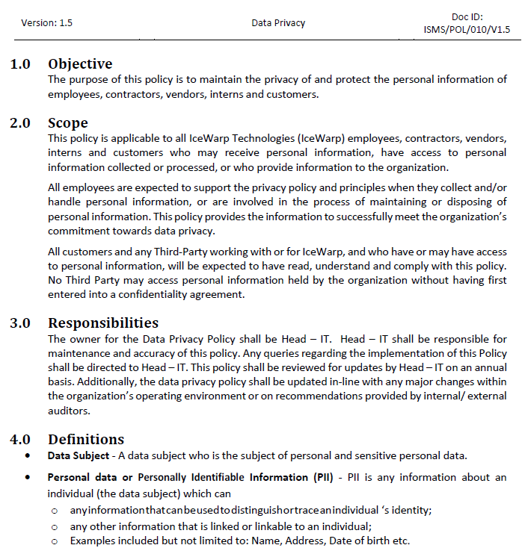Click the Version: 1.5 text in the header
(x=47, y=23)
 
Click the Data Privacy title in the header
(x=278, y=23)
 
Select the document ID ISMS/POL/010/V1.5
(x=466, y=30)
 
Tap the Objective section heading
(x=80, y=63)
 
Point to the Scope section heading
(x=68, y=123)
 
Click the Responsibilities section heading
(x=103, y=323)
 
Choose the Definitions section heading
(x=86, y=439)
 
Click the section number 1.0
(x=21, y=64)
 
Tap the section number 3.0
(x=21, y=324)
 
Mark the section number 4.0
(x=21, y=440)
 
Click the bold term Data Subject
(x=75, y=455)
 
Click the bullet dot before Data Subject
(x=28, y=455)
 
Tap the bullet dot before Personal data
(x=28, y=477)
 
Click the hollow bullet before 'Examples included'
(x=55, y=541)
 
